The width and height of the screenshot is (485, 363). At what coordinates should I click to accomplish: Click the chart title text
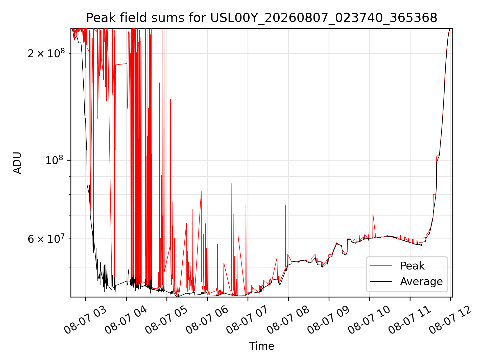pos(262,18)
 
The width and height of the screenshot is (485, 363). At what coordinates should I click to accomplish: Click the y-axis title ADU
pos(17,163)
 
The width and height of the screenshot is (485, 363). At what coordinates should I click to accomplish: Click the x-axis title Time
pos(262,346)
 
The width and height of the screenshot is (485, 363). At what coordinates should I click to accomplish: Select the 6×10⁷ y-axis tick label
pos(46,238)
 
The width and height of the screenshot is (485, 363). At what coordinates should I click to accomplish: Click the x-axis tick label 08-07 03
pos(85,320)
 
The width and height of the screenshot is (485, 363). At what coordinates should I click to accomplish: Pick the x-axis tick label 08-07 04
pos(126,320)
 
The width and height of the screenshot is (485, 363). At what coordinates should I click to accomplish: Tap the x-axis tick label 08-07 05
pos(166,320)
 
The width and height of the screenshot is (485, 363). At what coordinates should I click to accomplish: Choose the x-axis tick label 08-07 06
pos(207,320)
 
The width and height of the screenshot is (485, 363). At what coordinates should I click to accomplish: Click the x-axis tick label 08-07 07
pos(248,320)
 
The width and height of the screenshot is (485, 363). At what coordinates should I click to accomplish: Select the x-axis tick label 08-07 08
pos(288,320)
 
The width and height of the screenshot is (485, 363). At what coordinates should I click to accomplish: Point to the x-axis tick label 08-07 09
pos(329,320)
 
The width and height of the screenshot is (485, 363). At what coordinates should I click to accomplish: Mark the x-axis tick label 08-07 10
pos(369,320)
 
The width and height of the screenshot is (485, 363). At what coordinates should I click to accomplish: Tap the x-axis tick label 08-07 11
pos(410,320)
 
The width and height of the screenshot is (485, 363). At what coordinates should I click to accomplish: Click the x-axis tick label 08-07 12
pos(450,320)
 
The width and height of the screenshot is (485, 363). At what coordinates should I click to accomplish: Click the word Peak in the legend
pos(412,266)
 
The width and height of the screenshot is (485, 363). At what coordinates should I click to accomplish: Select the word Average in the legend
pos(421,281)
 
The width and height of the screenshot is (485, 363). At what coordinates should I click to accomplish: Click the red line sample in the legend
pos(381,266)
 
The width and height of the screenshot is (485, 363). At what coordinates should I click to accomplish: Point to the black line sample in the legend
pos(381,281)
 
